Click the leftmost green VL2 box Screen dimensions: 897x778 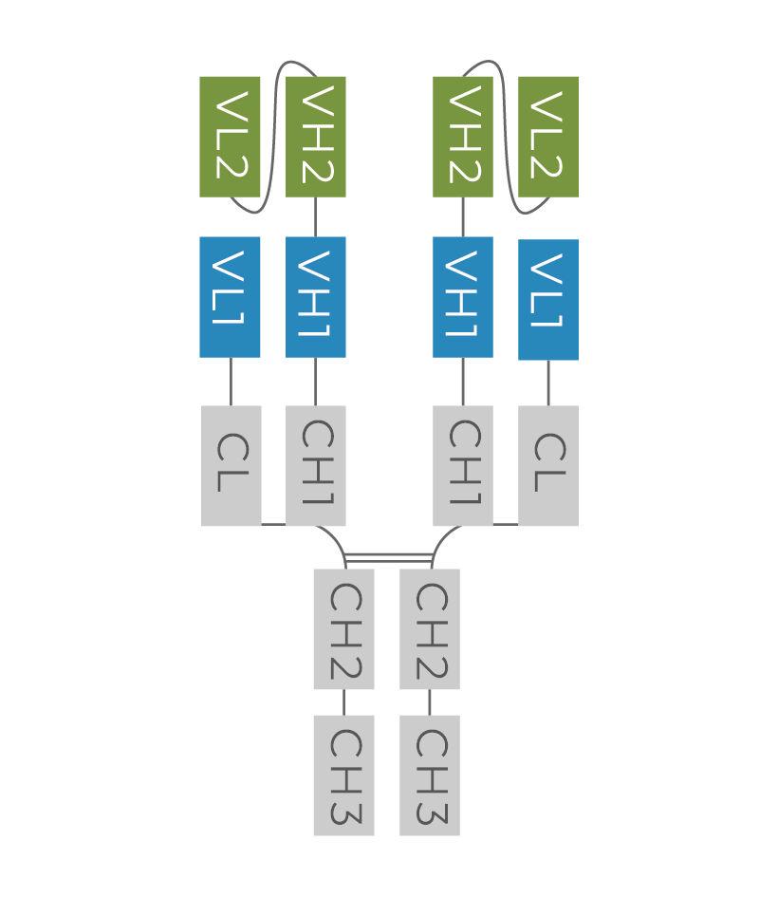click(230, 137)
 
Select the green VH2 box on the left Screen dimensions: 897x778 click(316, 137)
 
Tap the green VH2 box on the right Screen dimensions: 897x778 click(463, 137)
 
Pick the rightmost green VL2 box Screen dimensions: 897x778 click(548, 137)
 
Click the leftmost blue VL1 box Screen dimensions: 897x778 click(230, 297)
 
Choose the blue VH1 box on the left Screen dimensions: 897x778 click(316, 297)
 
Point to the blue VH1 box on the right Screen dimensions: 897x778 click(463, 297)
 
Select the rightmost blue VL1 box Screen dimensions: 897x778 click(548, 300)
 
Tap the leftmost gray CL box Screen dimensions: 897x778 click(231, 465)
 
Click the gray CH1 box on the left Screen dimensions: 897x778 click(316, 465)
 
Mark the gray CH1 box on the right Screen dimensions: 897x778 click(463, 465)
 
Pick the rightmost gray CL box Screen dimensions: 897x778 click(548, 465)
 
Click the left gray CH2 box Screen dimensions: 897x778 click(343, 629)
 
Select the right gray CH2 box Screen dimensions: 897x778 click(430, 629)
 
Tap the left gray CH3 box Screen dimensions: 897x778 click(343, 776)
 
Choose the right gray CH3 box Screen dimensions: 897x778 click(430, 776)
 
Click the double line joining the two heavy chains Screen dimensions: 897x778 click(387, 557)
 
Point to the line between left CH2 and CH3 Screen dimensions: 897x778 click(343, 702)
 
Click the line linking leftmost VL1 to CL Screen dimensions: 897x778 click(231, 382)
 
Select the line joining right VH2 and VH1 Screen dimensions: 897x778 click(463, 216)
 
